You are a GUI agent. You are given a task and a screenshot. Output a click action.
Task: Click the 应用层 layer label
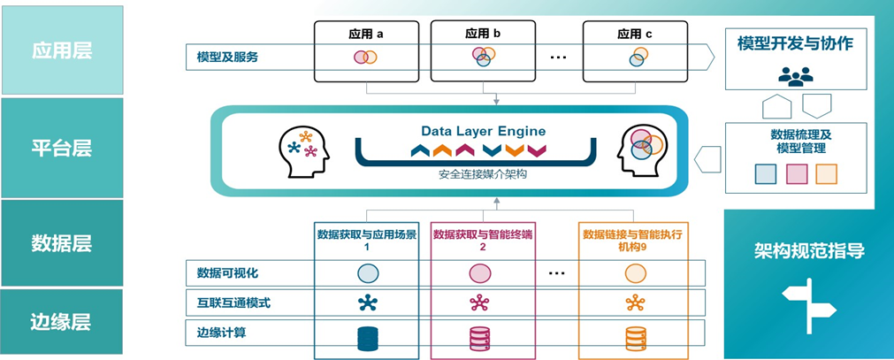pos(61,50)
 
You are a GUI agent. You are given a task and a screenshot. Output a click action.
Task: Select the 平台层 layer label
pos(61,147)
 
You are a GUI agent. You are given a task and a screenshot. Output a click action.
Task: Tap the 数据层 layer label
pos(61,241)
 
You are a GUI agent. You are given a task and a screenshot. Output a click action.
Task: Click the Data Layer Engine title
pos(483,131)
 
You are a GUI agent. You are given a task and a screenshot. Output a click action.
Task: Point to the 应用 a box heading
pos(366,34)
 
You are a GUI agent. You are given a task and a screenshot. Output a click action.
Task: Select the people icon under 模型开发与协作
pos(795,76)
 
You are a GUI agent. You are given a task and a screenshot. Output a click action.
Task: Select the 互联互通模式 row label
pos(233,303)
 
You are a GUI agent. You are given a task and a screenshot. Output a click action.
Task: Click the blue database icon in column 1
pos(368,339)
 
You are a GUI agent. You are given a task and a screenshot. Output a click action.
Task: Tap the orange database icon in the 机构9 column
pos(635,339)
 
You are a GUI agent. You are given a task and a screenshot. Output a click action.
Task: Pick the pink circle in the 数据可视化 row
pos(479,273)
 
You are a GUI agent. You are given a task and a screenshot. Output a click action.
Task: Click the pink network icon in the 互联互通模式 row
pos(479,303)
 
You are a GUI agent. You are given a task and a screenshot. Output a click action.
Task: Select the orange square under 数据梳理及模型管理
pos(826,174)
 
